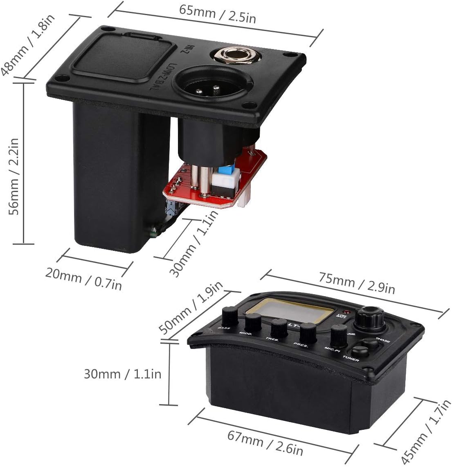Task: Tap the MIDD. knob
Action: [253, 322]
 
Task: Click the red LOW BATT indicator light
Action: [349, 311]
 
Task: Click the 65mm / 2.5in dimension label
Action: [217, 15]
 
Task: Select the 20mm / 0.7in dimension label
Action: [83, 278]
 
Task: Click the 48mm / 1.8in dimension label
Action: [28, 45]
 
